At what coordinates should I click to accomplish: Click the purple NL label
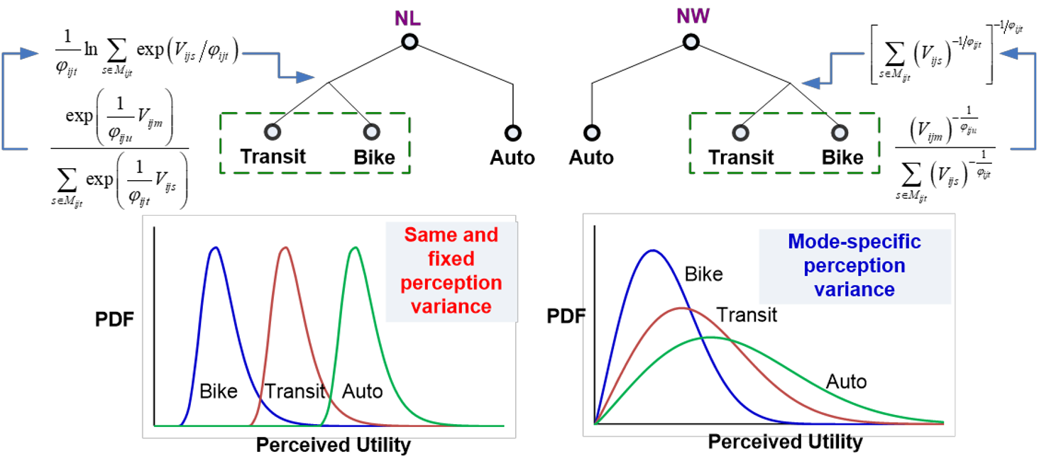click(407, 18)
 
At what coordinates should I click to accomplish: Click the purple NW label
click(693, 16)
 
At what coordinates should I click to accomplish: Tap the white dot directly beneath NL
click(409, 42)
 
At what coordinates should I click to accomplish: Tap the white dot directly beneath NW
click(691, 42)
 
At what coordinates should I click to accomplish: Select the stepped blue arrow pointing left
click(833, 69)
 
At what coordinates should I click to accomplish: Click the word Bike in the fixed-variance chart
click(219, 391)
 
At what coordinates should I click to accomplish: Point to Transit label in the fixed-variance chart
click(295, 391)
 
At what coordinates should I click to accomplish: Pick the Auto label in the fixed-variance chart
click(363, 391)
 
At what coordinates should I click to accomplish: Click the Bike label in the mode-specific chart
click(703, 274)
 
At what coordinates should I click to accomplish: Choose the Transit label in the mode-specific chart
click(747, 314)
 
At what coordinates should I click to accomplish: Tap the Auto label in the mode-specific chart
click(846, 382)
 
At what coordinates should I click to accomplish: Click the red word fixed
click(451, 258)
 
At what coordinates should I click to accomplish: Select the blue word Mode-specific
click(854, 242)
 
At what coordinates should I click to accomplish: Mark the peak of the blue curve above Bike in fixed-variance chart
click(214, 248)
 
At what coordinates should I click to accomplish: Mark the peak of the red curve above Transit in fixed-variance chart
click(285, 248)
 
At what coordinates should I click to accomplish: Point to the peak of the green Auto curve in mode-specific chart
click(710, 337)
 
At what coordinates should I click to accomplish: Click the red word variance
click(451, 306)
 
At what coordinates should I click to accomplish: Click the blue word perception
click(854, 266)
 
